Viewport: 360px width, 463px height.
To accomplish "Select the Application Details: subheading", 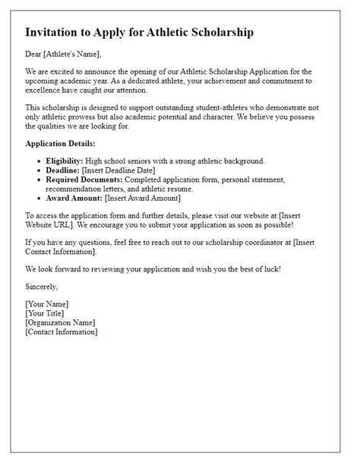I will pos(60,143).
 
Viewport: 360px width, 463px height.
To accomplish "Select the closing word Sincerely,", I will pos(41,287).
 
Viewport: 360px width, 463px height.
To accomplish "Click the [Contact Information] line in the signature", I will pos(61,331).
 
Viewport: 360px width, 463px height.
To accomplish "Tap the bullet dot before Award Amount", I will pos(39,198).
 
